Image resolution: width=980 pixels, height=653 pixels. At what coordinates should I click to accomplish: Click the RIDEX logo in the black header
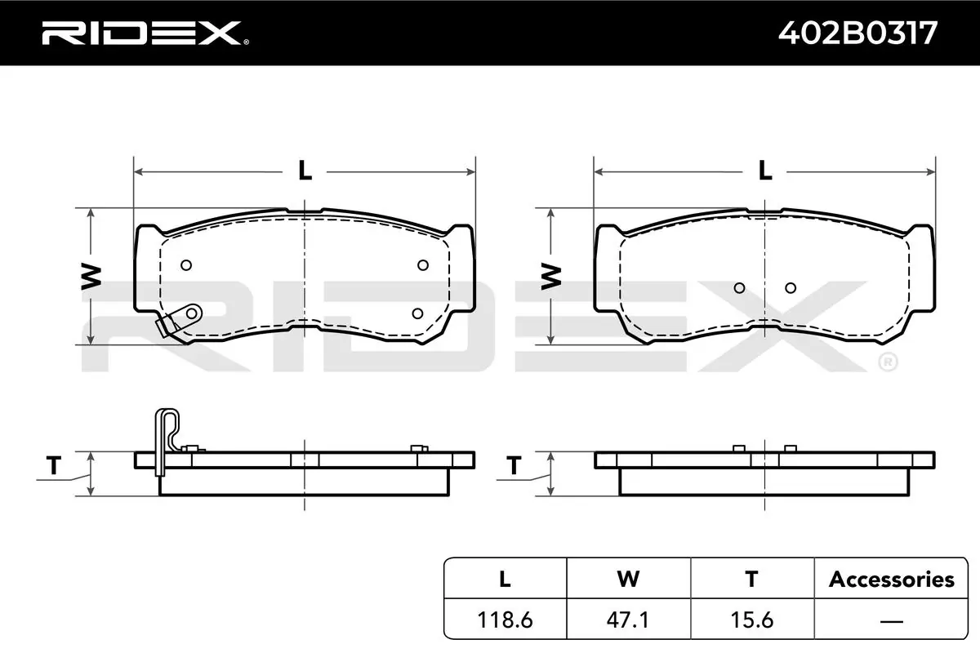click(x=145, y=33)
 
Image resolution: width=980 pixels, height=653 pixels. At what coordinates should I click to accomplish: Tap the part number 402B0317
click(x=858, y=33)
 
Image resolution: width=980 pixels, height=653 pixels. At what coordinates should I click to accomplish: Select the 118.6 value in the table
click(x=505, y=620)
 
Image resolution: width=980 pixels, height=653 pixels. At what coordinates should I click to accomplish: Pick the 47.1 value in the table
click(x=628, y=620)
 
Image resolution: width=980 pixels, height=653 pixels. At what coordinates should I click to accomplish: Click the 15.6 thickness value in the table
click(x=752, y=620)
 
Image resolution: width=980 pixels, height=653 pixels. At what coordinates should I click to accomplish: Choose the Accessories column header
click(x=892, y=580)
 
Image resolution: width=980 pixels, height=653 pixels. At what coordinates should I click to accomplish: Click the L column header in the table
click(x=505, y=580)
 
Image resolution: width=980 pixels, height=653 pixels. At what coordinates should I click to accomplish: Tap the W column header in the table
click(x=628, y=580)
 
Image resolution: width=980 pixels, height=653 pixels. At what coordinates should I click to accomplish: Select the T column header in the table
click(x=751, y=580)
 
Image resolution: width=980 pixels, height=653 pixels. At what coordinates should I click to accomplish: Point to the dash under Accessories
click(x=891, y=621)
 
